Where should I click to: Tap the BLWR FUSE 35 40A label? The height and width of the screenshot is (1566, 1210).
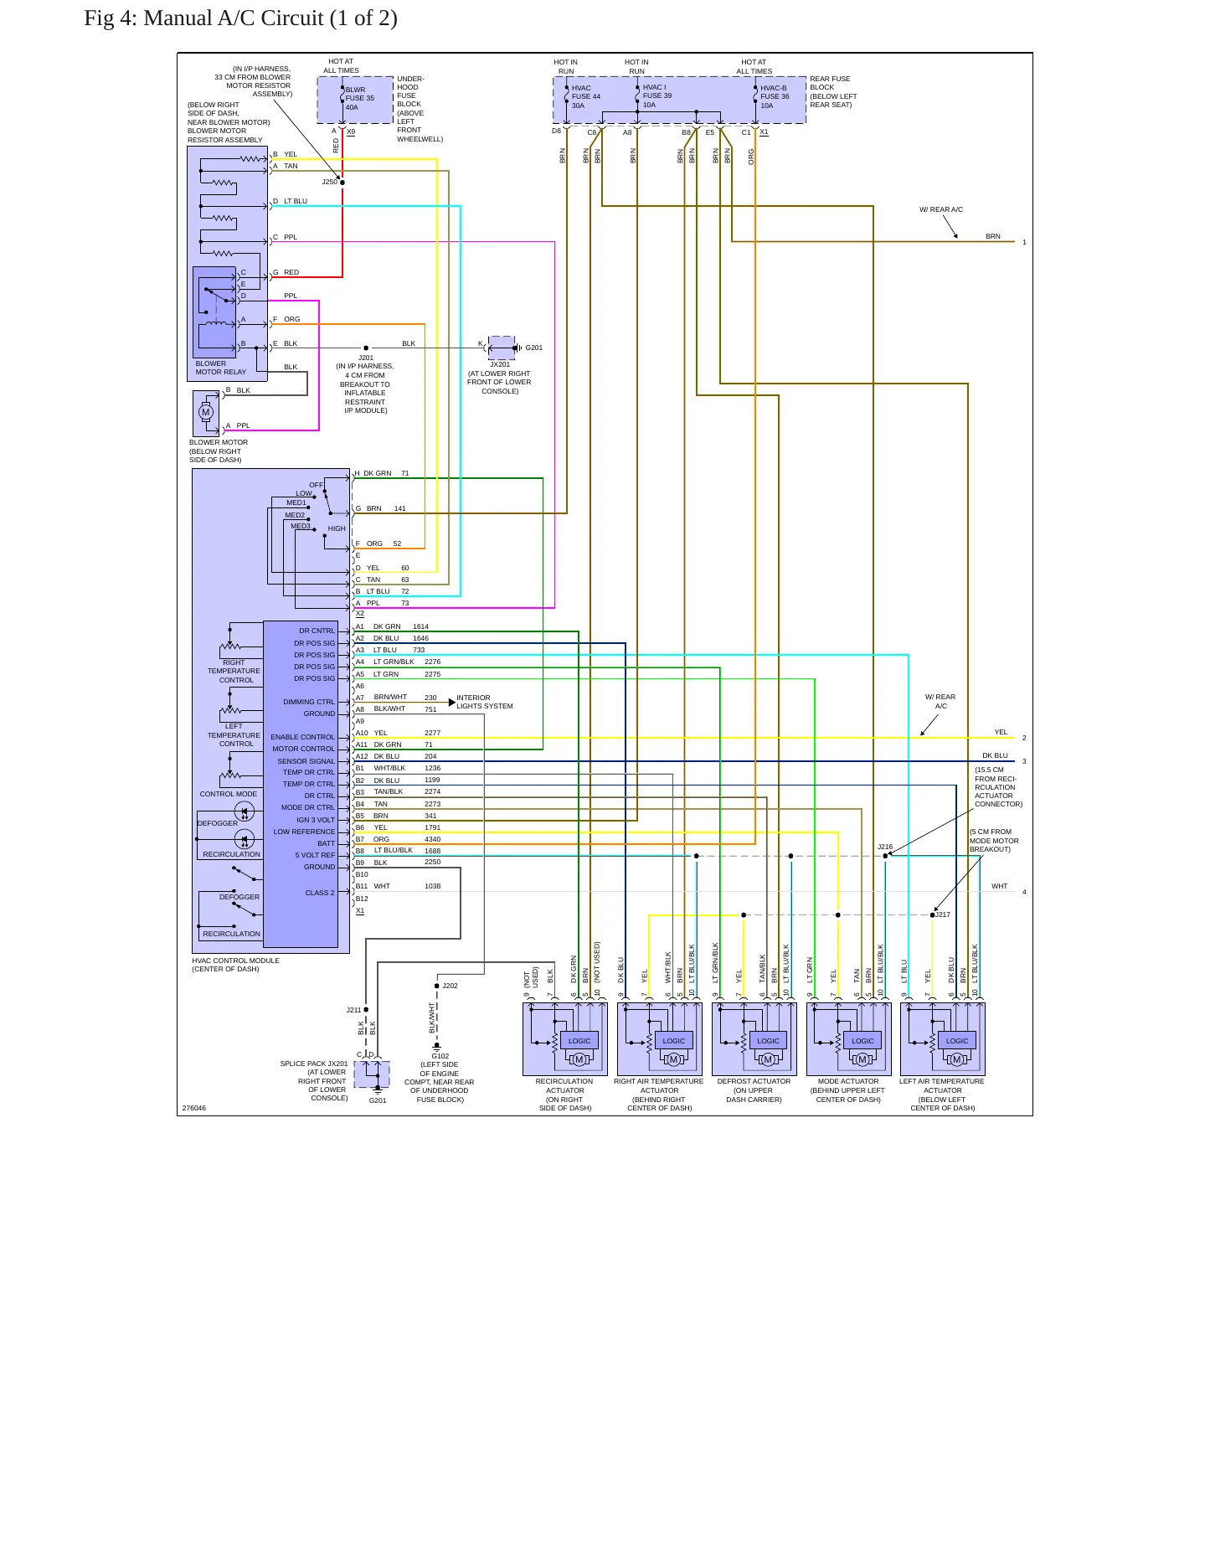pyautogui.click(x=360, y=99)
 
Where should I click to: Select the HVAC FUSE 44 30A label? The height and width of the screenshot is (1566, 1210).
pyautogui.click(x=586, y=97)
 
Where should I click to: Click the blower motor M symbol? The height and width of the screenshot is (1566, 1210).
pyautogui.click(x=206, y=412)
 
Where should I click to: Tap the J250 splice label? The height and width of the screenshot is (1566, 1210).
pyautogui.click(x=329, y=182)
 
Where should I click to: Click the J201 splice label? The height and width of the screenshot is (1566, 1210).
pyautogui.click(x=366, y=358)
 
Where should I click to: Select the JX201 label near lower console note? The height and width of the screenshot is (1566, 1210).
pyautogui.click(x=500, y=364)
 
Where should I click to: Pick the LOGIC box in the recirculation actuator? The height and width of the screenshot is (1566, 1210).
pyautogui.click(x=579, y=1041)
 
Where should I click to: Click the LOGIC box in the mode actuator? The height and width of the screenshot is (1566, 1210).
pyautogui.click(x=862, y=1041)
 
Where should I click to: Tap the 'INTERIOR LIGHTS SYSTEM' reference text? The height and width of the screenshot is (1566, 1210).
pyautogui.click(x=485, y=702)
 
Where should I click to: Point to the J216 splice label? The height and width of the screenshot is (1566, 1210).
pyautogui.click(x=885, y=847)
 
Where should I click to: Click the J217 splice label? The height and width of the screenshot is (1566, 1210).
pyautogui.click(x=943, y=914)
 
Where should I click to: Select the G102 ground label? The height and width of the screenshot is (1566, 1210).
pyautogui.click(x=440, y=1056)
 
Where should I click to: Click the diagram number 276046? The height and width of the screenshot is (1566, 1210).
pyautogui.click(x=194, y=1108)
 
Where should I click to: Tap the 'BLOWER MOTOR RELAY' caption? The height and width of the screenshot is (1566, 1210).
pyautogui.click(x=221, y=368)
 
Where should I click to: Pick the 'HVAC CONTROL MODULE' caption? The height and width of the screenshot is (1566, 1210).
pyautogui.click(x=236, y=961)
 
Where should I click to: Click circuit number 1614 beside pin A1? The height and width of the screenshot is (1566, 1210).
pyautogui.click(x=420, y=626)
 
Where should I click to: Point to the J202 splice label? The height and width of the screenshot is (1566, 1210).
pyautogui.click(x=450, y=986)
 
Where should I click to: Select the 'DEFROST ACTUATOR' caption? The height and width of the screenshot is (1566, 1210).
pyautogui.click(x=754, y=1081)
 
